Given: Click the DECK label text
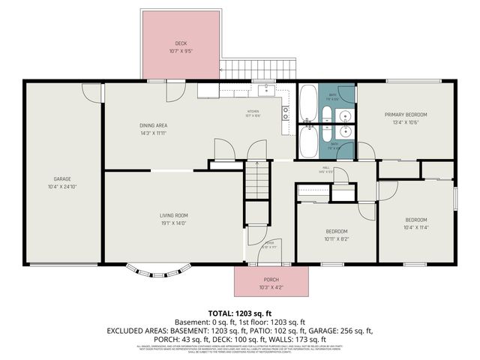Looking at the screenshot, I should click(x=181, y=43).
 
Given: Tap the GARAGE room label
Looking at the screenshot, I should click(x=61, y=178).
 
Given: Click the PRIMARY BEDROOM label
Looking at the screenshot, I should click(x=405, y=115).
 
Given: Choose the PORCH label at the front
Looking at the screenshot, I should click(x=271, y=279).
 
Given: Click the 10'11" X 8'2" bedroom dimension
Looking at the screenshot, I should click(x=336, y=239).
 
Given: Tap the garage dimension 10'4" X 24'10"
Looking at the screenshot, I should click(x=61, y=186).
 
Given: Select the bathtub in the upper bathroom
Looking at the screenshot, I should click(x=307, y=101).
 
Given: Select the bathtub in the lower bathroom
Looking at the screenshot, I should click(x=307, y=140).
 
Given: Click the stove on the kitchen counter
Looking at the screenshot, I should click(x=286, y=113).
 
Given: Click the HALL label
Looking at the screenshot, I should click(x=326, y=167).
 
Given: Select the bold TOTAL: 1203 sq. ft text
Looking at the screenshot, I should click(x=239, y=312).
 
